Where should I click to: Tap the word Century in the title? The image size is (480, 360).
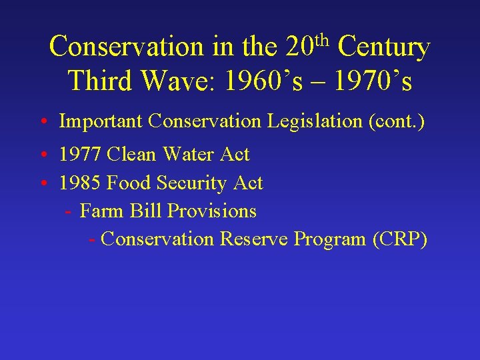pos(383,47)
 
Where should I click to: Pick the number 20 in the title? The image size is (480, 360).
pos(299,47)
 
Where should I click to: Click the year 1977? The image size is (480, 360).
pos(80,155)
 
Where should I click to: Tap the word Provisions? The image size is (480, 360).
pos(212,211)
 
